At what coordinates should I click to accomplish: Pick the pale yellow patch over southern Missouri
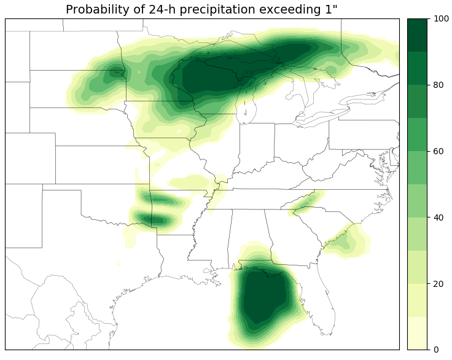pyautogui.click(x=190, y=182)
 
